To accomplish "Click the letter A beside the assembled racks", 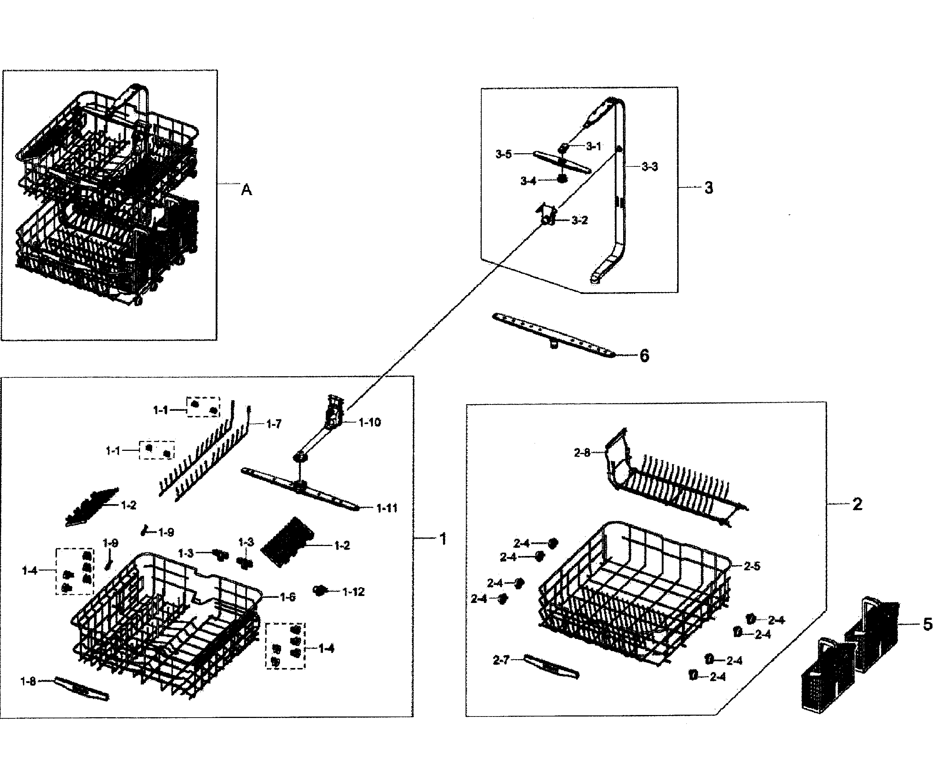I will pos(246,190).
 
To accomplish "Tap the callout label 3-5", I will pos(504,154).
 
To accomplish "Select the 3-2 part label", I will pos(579,220).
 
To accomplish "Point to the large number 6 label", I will pos(644,356).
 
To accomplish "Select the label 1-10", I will pos(370,423).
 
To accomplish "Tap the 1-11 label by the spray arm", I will pos(387,508).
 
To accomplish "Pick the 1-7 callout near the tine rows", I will pos(274,424).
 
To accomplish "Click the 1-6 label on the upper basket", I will pos(287,597).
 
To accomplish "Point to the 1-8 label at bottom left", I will pos(28,682).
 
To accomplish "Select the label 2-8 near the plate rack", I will pos(582,453).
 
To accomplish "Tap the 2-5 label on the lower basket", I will pos(752,566).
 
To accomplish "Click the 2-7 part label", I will pos(501,660).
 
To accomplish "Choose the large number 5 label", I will pos(927,624).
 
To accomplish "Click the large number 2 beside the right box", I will pos(857,504).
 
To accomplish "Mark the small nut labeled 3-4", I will pos(562,179).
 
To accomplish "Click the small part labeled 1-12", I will pos(319,590).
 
